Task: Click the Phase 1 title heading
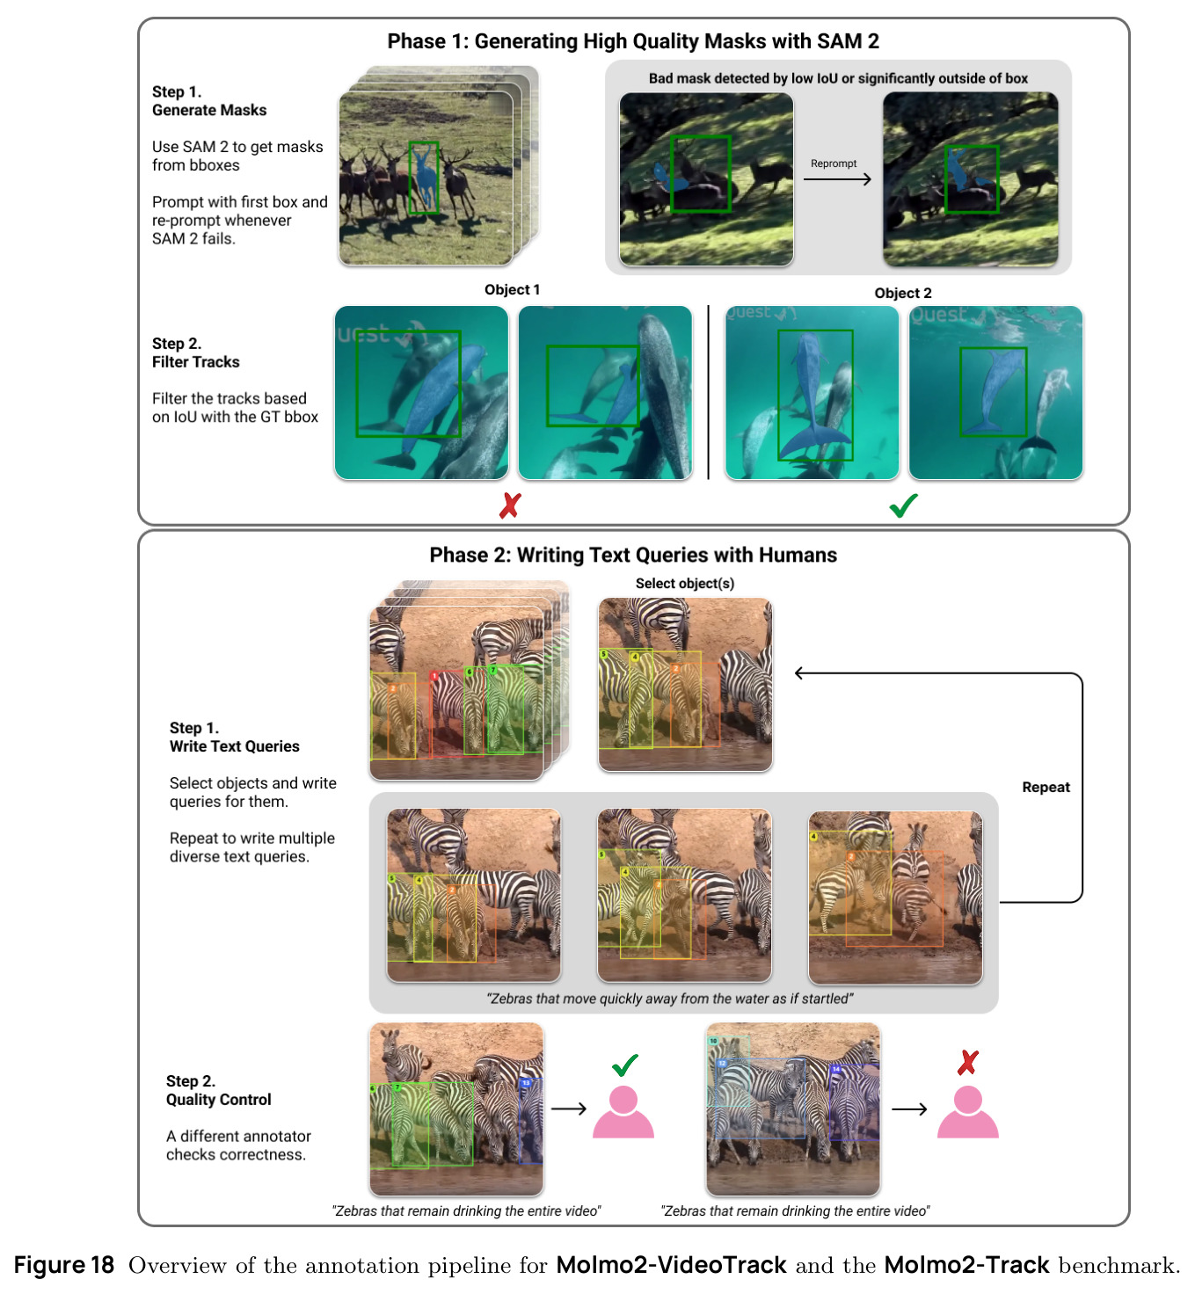[x=632, y=41]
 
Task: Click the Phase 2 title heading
[x=632, y=555]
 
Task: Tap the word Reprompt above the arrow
[x=834, y=164]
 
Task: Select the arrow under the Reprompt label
[x=837, y=178]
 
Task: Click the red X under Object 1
[x=510, y=505]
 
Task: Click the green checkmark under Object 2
[x=904, y=505]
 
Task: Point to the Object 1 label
[x=512, y=290]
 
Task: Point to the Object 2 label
[x=903, y=294]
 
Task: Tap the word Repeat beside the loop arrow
[x=1046, y=787]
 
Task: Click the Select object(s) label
[x=684, y=584]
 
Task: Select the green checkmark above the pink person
[x=624, y=1065]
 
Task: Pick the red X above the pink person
[x=967, y=1063]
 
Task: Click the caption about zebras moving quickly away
[x=669, y=999]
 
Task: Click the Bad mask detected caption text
[x=838, y=79]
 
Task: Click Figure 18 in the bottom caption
[x=64, y=1265]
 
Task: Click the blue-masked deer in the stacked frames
[x=424, y=175]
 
